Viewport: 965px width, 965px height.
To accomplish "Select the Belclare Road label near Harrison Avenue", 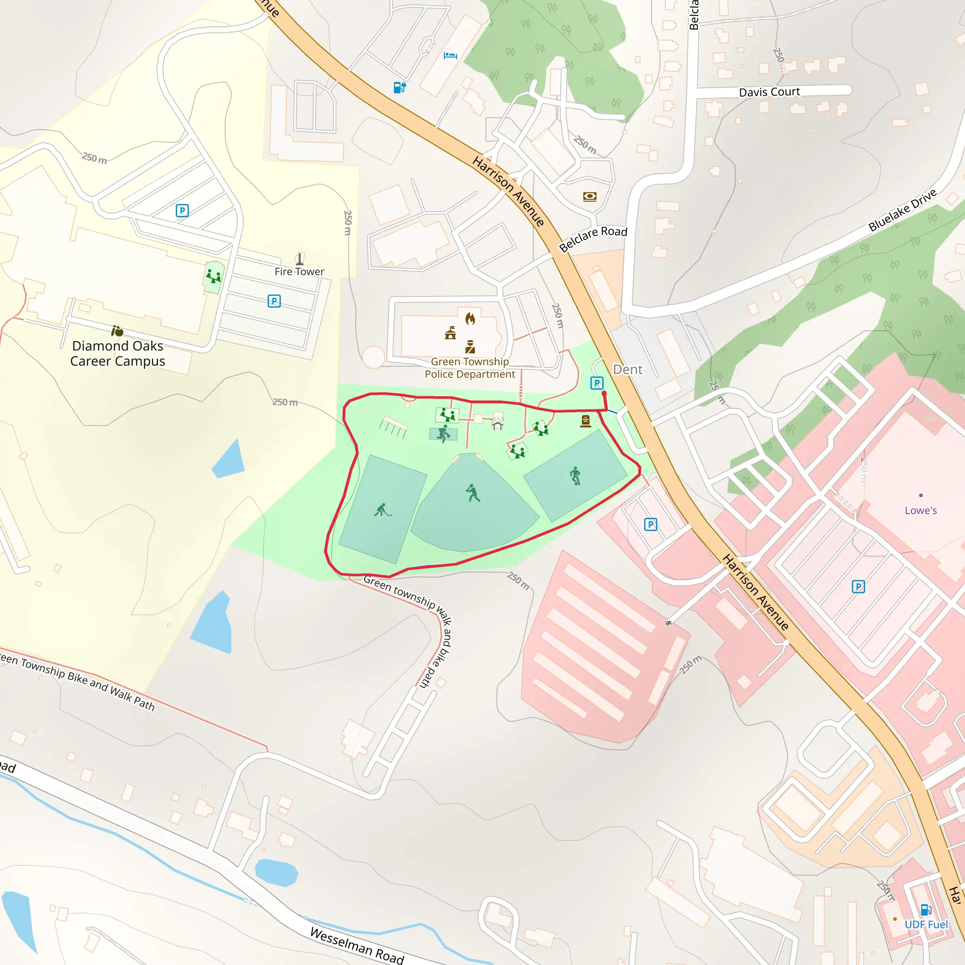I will [593, 238].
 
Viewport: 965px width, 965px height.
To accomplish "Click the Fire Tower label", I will [299, 272].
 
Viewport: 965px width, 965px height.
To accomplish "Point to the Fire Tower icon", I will [300, 259].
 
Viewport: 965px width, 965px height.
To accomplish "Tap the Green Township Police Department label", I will [469, 368].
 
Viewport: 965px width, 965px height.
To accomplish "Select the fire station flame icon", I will [470, 318].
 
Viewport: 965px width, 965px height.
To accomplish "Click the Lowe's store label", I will [921, 510].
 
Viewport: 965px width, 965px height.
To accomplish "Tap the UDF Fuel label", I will [926, 924].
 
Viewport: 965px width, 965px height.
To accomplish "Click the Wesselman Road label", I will [357, 946].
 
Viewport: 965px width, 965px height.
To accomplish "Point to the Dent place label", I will [627, 369].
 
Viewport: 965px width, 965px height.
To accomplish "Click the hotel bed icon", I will [450, 56].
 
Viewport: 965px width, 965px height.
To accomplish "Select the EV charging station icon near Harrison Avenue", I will [400, 88].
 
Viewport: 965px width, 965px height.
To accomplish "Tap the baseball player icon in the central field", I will [472, 493].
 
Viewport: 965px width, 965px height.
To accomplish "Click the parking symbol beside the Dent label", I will [597, 383].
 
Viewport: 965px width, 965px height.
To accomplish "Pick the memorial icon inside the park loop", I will [585, 421].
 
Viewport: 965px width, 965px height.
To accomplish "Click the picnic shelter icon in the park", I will [498, 424].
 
